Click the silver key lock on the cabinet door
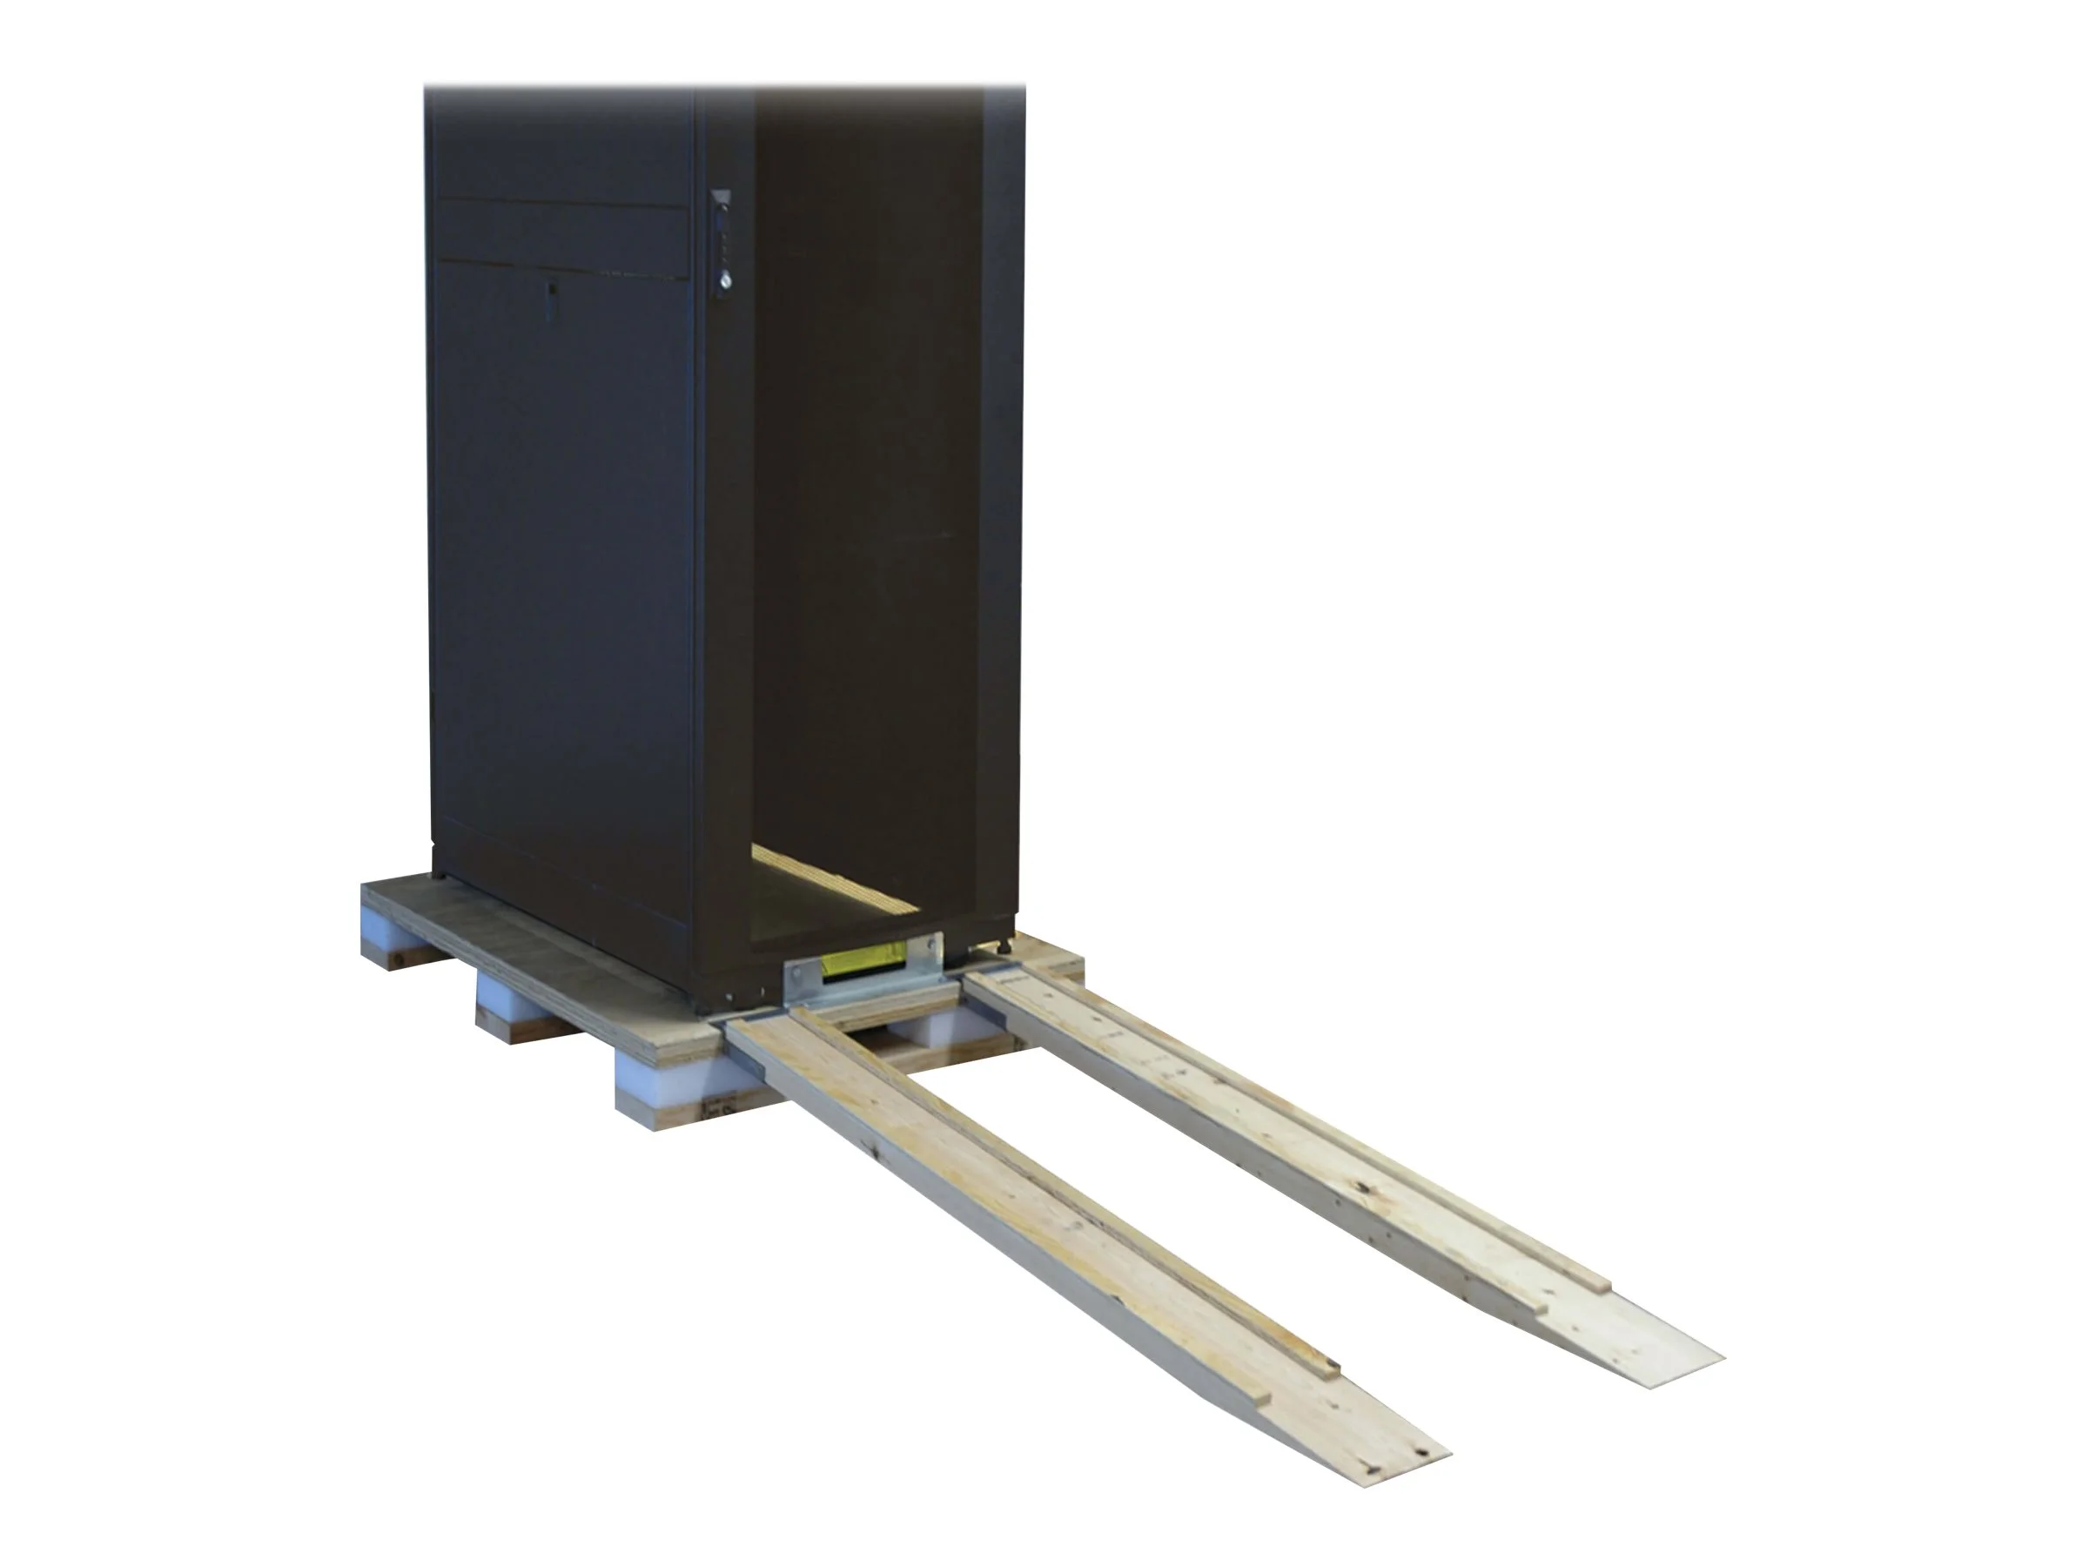pos(723,280)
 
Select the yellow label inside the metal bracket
pos(862,963)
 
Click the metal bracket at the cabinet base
pos(862,979)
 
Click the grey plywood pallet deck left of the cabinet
pos(529,949)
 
